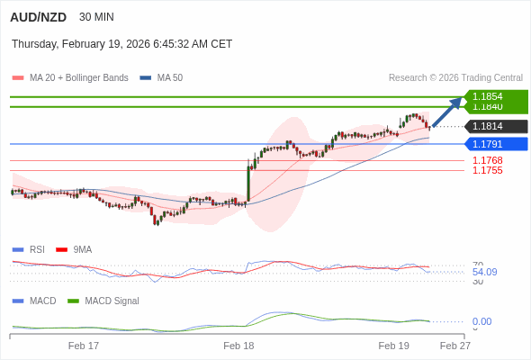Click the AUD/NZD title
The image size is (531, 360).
tap(38, 17)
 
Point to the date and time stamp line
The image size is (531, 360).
tap(121, 43)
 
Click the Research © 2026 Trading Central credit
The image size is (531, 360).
tap(455, 77)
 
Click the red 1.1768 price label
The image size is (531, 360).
tap(487, 160)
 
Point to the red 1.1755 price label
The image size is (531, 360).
tap(487, 170)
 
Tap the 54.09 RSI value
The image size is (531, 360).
tap(484, 272)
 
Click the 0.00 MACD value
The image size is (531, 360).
tap(481, 321)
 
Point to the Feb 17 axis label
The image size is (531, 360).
tap(84, 345)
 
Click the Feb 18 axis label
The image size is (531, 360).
tap(238, 345)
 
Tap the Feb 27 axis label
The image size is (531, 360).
tap(454, 345)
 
